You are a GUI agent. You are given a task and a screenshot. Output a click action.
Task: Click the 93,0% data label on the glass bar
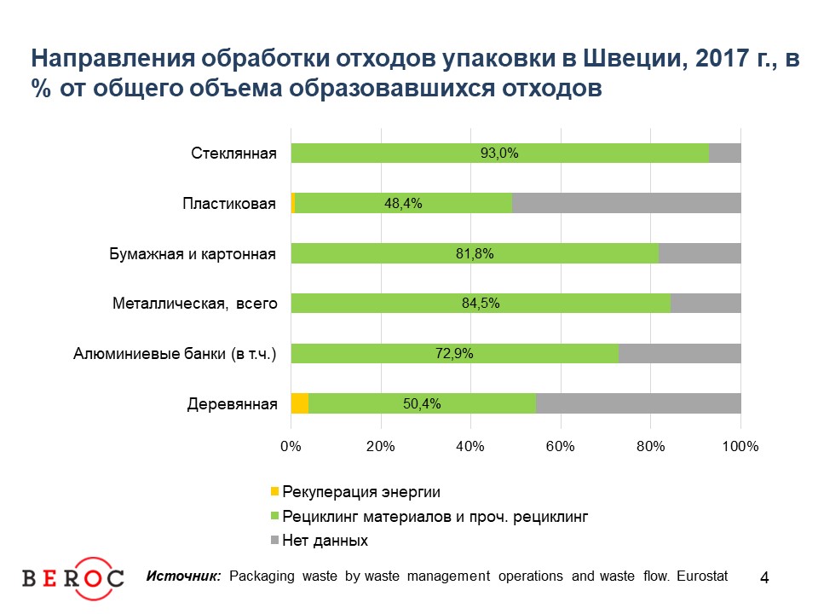point(499,153)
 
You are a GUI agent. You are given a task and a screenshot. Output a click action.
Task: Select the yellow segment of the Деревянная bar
point(300,403)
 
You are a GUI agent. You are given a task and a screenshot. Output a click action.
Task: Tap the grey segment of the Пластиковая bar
point(626,203)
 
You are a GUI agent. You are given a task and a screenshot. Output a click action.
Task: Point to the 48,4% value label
point(403,204)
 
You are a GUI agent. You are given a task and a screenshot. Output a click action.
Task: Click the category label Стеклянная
point(233,153)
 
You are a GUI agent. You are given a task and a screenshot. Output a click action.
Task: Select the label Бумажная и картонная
point(193,253)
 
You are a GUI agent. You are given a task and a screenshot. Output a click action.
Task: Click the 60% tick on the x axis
point(561,446)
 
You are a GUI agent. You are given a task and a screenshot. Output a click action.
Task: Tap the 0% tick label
point(291,446)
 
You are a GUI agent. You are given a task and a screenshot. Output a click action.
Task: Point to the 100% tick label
point(740,446)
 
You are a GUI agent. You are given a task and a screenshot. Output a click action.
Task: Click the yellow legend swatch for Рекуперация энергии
point(274,491)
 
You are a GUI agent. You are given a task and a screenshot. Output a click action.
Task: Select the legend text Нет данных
point(325,541)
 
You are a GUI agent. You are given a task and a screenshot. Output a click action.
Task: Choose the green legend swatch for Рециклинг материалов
point(274,516)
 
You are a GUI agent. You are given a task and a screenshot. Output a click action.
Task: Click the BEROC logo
point(72,577)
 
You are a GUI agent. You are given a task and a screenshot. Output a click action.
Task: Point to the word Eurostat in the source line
point(703,576)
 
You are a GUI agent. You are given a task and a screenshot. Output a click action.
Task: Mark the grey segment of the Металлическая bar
point(705,304)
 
